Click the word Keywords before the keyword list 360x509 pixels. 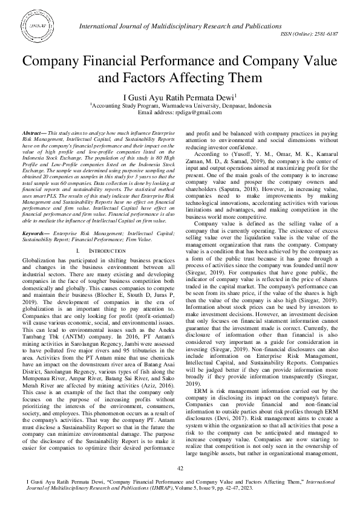click(34, 215)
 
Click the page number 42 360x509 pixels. click(180, 468)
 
